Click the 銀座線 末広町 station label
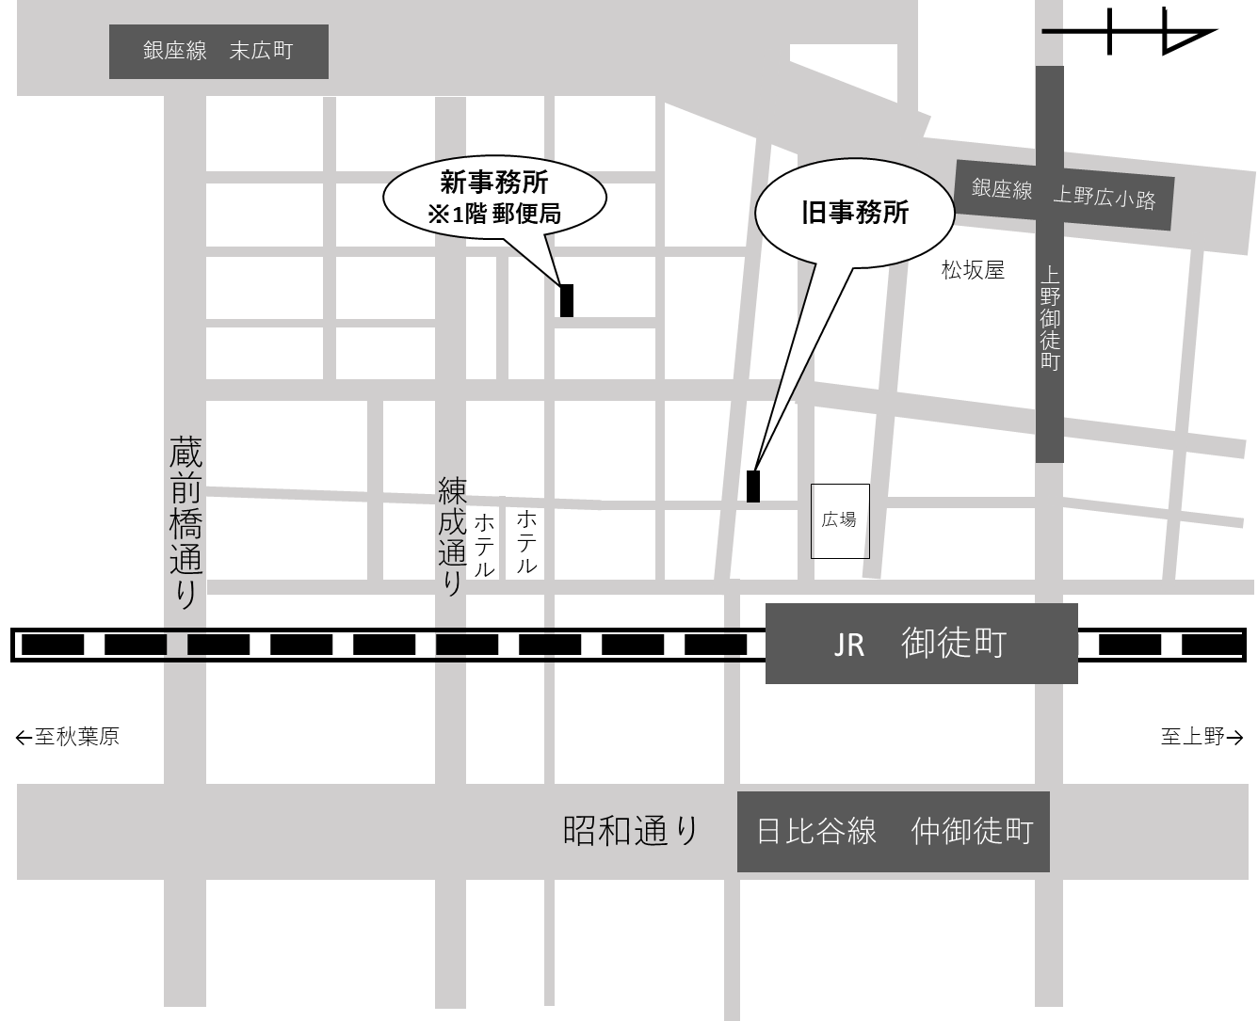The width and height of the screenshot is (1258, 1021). pyautogui.click(x=218, y=51)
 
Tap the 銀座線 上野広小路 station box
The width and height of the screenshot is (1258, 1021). pyautogui.click(x=1064, y=195)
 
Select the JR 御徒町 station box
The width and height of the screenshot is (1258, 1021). pyautogui.click(x=921, y=644)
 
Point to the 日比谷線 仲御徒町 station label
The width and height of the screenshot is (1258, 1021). pyautogui.click(x=893, y=832)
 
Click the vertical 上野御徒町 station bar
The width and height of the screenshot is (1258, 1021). pyautogui.click(x=1050, y=320)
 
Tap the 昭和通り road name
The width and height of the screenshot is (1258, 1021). pyautogui.click(x=631, y=831)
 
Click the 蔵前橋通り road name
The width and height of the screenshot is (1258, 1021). pyautogui.click(x=185, y=521)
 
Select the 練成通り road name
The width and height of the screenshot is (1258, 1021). pyautogui.click(x=452, y=535)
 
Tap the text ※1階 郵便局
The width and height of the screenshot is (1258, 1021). pyautogui.click(x=494, y=215)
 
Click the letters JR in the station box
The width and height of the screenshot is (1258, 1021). pyautogui.click(x=848, y=646)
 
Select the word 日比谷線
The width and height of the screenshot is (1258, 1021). pyautogui.click(x=816, y=832)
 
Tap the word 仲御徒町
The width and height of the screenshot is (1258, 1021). pyautogui.click(x=972, y=832)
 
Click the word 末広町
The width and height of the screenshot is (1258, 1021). pyautogui.click(x=261, y=51)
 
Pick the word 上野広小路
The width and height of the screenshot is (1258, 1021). pyautogui.click(x=1104, y=198)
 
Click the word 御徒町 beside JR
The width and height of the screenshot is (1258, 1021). pyautogui.click(x=953, y=644)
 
